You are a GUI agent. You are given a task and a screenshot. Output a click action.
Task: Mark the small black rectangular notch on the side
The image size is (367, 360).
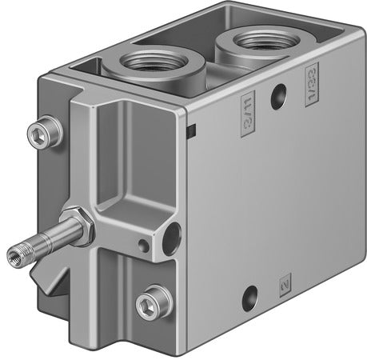(192, 130)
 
